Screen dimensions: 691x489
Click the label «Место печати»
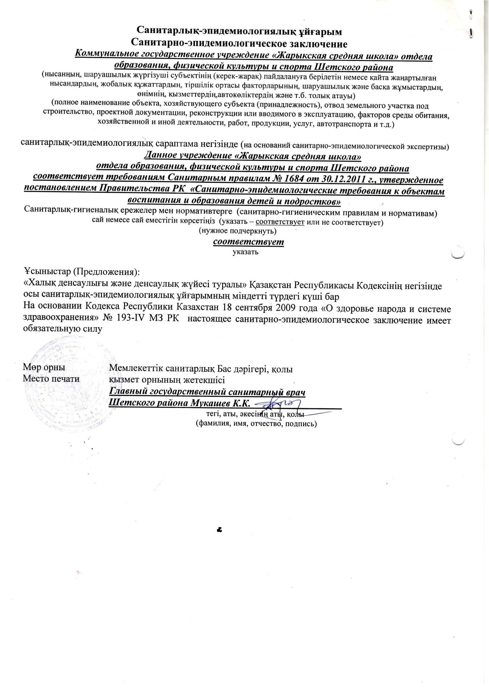[51, 379]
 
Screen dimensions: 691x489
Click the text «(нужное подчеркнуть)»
[238, 231]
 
